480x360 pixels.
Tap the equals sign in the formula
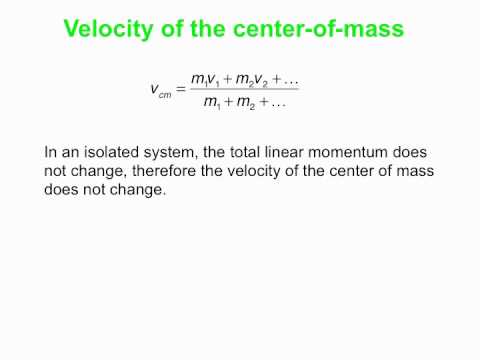pos(181,88)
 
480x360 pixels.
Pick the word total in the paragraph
pos(249,153)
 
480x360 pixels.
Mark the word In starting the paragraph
pos(51,153)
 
